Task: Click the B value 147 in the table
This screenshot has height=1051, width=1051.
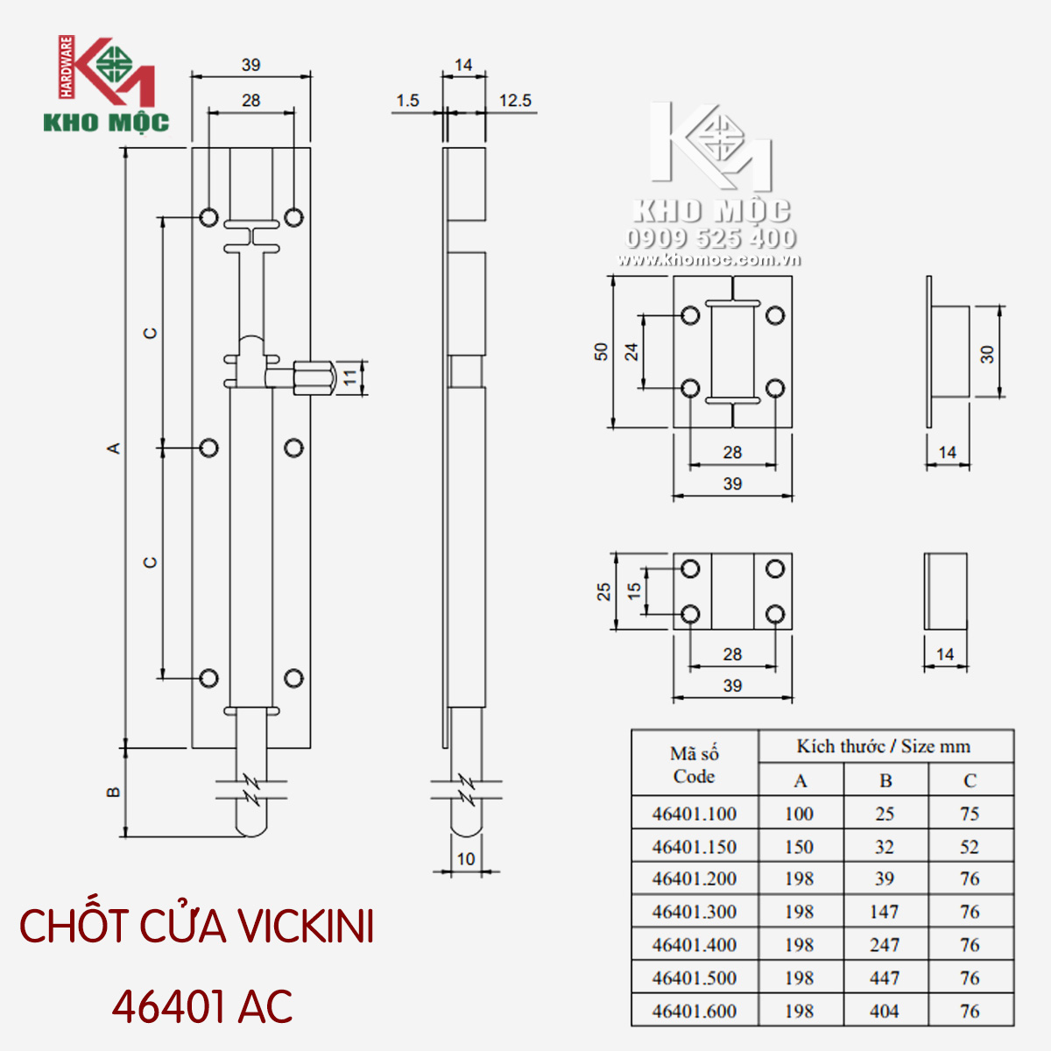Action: [x=884, y=912]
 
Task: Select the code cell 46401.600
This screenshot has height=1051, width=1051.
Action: [x=695, y=1011]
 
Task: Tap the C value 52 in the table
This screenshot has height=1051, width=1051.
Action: [x=970, y=846]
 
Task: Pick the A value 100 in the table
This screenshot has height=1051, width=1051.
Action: [x=799, y=814]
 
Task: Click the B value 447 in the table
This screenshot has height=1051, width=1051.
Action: [x=884, y=978]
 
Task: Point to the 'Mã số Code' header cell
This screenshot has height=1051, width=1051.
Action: [x=695, y=764]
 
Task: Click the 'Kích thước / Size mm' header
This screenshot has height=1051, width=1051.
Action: [x=884, y=745]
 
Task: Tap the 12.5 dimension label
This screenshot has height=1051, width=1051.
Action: [x=515, y=101]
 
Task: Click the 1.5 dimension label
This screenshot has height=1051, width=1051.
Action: [x=407, y=101]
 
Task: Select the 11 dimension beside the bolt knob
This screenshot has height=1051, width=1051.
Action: [x=350, y=377]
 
